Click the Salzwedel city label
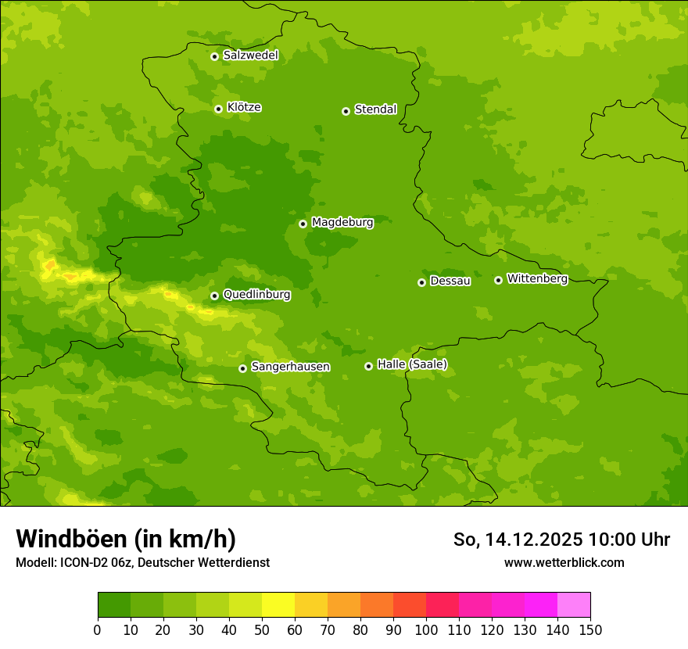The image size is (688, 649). click(x=250, y=56)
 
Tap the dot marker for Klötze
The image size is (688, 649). click(x=218, y=109)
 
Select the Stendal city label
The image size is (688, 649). click(x=375, y=109)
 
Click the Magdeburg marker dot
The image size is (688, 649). click(x=303, y=224)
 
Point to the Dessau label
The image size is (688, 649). click(x=450, y=281)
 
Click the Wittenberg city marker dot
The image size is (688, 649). click(x=498, y=280)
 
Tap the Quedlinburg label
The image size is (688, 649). click(x=256, y=295)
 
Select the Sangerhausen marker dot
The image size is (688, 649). click(x=242, y=368)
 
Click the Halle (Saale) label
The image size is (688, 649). click(x=412, y=364)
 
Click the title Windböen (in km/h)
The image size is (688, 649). click(x=126, y=539)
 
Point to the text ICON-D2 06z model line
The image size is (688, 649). click(x=142, y=563)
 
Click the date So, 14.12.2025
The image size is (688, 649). click(x=518, y=540)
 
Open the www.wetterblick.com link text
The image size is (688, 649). click(x=564, y=563)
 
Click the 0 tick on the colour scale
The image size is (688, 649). click(x=98, y=630)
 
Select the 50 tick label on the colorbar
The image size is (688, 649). click(x=262, y=630)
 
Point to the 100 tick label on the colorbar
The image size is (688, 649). click(x=426, y=630)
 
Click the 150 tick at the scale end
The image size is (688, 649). click(x=590, y=630)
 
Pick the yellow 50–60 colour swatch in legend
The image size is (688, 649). click(x=278, y=605)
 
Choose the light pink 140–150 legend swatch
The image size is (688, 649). click(x=574, y=605)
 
